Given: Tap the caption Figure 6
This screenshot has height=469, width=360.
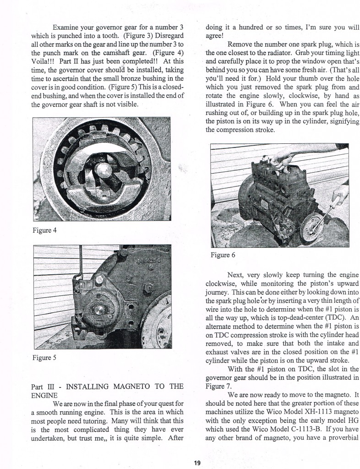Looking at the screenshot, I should point(223,255).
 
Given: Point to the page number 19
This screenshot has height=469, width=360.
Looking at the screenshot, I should point(197,463).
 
